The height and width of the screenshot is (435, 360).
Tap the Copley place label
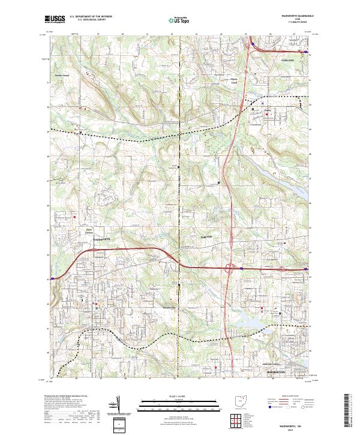(x=268, y=110)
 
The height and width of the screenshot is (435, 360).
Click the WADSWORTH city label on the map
(x=101, y=238)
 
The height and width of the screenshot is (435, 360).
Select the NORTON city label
(x=206, y=238)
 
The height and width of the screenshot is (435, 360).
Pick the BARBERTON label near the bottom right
(x=276, y=372)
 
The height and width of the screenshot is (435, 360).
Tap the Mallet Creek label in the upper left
(x=62, y=76)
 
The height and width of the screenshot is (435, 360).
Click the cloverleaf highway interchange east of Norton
(x=231, y=269)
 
